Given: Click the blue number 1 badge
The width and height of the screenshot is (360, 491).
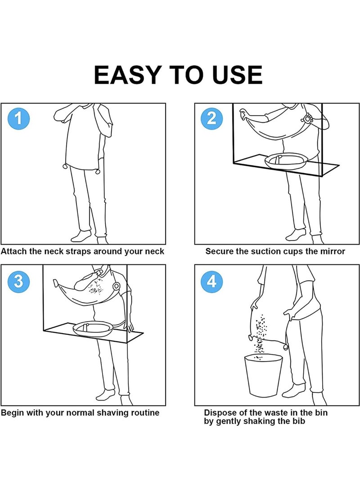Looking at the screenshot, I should (x=18, y=119).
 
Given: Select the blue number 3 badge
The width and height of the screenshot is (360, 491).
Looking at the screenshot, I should (x=18, y=281).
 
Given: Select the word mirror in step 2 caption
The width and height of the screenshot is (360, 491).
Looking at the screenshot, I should (x=332, y=251).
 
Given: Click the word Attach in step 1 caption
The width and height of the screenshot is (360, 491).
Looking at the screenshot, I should (x=13, y=251).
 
